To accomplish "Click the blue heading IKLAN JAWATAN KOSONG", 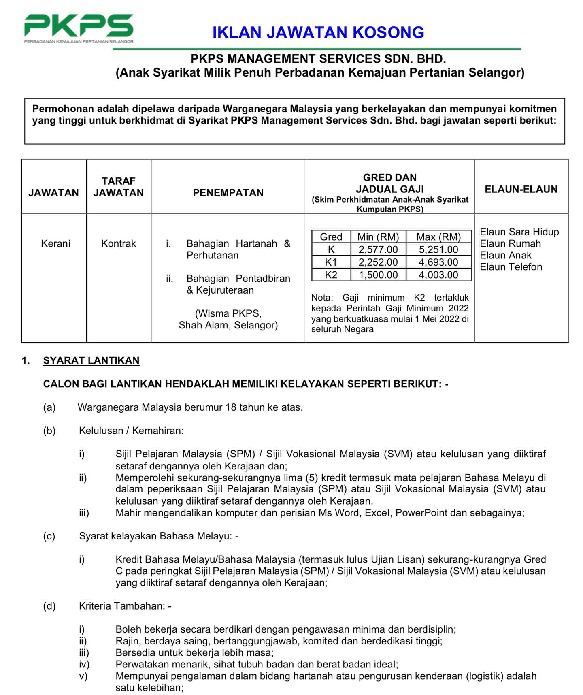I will pos(318,32).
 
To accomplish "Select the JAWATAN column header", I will pos(53,192).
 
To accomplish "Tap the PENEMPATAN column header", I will pos(228,192).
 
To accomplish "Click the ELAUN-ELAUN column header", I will pos(521,189).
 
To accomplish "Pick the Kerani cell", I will pos(55,243).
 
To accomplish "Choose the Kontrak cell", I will pos(118,243).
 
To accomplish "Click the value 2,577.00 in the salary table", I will pos(378,249).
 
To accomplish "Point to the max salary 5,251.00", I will pos(438,249).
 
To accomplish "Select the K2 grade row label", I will pos(331,275).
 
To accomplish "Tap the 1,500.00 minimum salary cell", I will pos(378,275).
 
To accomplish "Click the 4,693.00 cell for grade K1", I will pos(438,262).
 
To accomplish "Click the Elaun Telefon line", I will pos(511,267).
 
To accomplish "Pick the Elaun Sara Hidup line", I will pos(519,232).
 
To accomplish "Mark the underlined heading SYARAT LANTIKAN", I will pos(91,360).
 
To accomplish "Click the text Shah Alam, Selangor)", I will pos(228,325).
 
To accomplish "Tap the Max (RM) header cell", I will pos(438,237).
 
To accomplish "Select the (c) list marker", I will pos(49,536).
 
